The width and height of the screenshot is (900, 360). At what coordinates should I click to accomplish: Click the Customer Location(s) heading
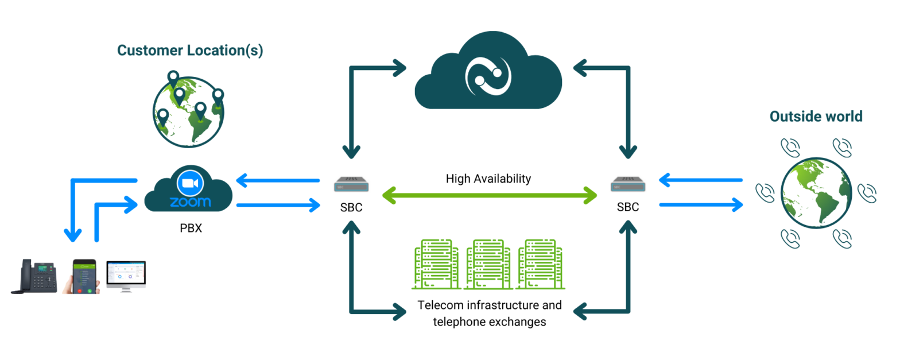click(190, 51)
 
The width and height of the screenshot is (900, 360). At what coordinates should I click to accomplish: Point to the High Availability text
click(488, 179)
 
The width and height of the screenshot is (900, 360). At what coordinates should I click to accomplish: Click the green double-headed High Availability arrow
click(489, 195)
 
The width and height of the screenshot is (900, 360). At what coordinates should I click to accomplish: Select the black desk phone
click(36, 277)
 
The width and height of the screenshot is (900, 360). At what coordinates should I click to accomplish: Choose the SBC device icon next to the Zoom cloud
click(351, 187)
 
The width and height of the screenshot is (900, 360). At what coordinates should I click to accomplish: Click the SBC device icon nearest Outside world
click(627, 187)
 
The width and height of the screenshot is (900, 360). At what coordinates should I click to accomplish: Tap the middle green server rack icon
click(488, 264)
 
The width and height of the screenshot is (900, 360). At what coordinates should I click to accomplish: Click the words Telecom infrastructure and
click(490, 305)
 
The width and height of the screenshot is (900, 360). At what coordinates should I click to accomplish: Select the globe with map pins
click(188, 110)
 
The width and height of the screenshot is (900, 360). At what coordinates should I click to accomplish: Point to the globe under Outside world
click(815, 191)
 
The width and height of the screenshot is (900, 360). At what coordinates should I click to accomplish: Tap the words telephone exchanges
click(490, 322)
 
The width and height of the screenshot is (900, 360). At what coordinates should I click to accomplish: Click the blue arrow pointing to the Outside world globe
click(700, 204)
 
